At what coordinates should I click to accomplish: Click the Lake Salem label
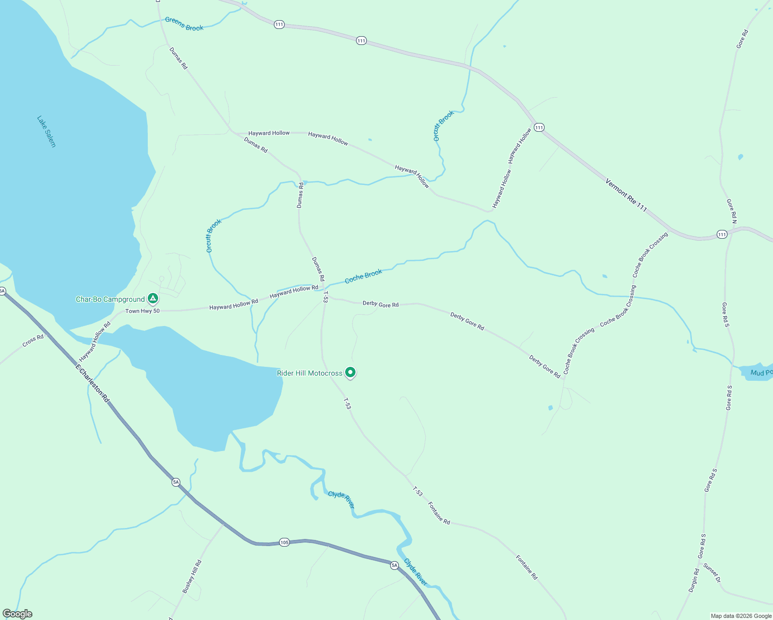(x=46, y=131)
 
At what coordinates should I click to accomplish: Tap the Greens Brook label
(x=184, y=24)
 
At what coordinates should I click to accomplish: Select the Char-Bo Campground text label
(x=110, y=299)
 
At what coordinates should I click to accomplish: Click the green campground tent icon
(x=152, y=298)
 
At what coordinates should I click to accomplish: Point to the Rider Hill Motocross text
(x=310, y=373)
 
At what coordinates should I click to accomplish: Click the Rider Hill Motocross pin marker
(x=350, y=372)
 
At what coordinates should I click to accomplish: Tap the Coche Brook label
(x=363, y=276)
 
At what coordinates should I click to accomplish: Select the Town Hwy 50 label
(x=143, y=311)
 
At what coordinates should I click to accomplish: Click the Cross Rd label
(x=33, y=341)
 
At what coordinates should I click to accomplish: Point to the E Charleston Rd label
(x=92, y=383)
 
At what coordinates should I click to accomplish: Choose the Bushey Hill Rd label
(x=192, y=577)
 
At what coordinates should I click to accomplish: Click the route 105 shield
(x=284, y=542)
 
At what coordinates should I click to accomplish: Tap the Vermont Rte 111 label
(x=626, y=195)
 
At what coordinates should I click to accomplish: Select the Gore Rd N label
(x=732, y=211)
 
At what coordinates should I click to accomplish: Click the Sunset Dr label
(x=712, y=572)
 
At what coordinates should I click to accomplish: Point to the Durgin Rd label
(x=693, y=580)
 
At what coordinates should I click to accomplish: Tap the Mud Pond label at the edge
(x=761, y=373)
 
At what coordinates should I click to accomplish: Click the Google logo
(x=17, y=614)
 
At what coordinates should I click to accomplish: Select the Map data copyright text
(x=741, y=616)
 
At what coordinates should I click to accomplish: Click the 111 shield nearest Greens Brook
(x=279, y=24)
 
